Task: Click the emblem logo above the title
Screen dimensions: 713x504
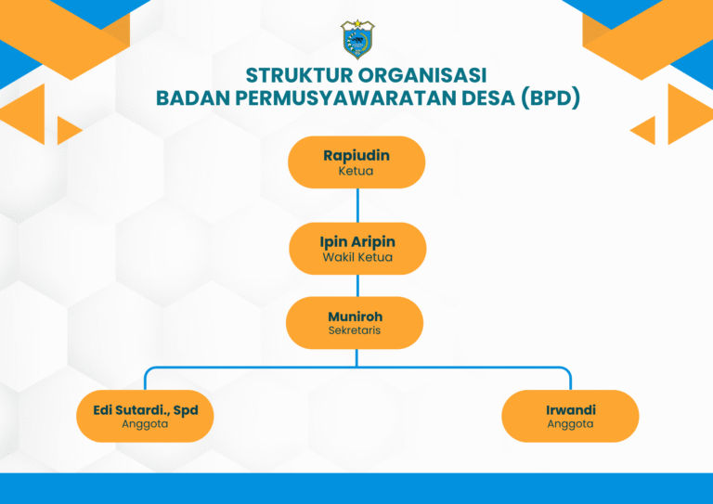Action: tap(357, 40)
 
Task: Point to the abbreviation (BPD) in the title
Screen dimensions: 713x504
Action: tap(551, 97)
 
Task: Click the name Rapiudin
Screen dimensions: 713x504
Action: tap(356, 156)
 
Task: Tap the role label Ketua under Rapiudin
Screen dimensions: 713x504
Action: tap(356, 171)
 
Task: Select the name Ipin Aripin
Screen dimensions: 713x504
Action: tap(357, 241)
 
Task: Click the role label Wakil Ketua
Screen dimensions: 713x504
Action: tap(357, 257)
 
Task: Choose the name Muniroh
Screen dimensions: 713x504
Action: tap(356, 317)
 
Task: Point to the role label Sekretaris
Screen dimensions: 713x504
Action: tap(355, 330)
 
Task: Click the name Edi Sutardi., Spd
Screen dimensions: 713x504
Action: tap(146, 410)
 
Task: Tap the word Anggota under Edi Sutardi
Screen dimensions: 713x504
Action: tap(145, 424)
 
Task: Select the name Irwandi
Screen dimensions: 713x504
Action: tap(571, 410)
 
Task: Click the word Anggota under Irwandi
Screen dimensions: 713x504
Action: tap(570, 424)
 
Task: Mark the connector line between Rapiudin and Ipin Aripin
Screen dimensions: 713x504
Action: tap(357, 205)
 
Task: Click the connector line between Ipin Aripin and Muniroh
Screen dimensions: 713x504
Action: tap(357, 285)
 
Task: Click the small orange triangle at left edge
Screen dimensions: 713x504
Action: tap(67, 131)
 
